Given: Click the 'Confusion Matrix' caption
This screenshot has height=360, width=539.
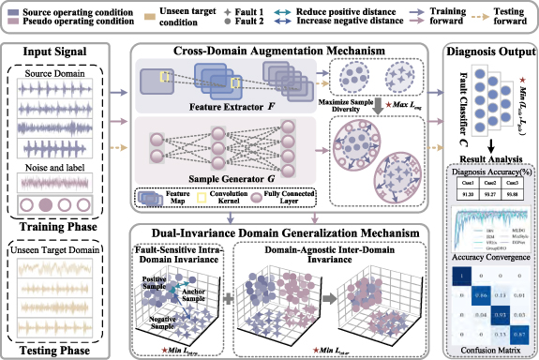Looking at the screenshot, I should (x=487, y=351).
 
